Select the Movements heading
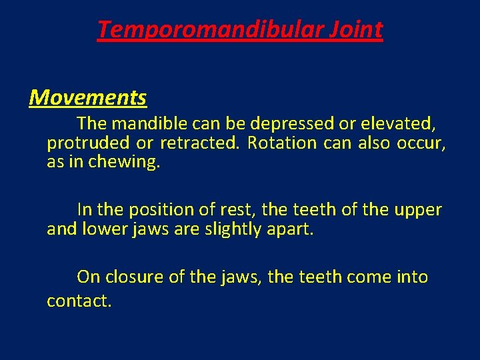[88, 98]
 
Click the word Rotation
[282, 143]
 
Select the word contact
[79, 301]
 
